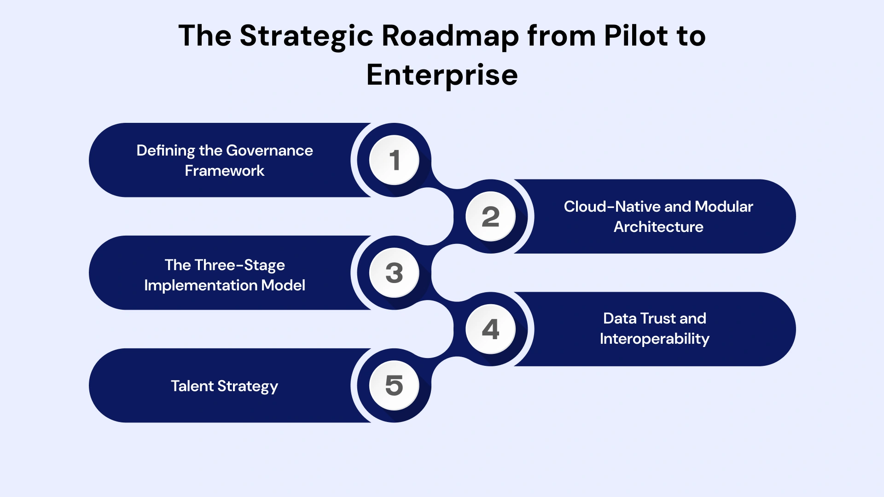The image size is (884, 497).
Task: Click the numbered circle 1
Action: pos(394,160)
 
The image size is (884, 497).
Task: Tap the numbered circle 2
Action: pos(490,216)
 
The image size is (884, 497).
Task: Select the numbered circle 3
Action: pos(394,273)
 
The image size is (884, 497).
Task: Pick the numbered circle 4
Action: pos(490,329)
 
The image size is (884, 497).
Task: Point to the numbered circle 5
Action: pos(394,386)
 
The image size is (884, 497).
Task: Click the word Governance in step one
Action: pos(269,150)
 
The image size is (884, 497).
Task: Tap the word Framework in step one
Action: pos(224,171)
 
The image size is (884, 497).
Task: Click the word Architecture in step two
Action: pos(658,227)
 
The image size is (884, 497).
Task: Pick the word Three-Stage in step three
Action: pos(239,265)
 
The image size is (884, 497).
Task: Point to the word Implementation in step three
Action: pos(201,285)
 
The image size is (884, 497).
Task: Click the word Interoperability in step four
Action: pos(654,339)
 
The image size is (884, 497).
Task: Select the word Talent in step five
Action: pos(192,386)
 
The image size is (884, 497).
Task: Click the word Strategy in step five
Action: pos(248,387)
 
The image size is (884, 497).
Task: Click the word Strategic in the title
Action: pos(306,36)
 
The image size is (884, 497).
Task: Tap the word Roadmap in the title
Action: pos(450,36)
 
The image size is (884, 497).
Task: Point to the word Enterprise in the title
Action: pos(442,75)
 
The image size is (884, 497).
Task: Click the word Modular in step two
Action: pos(724,207)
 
